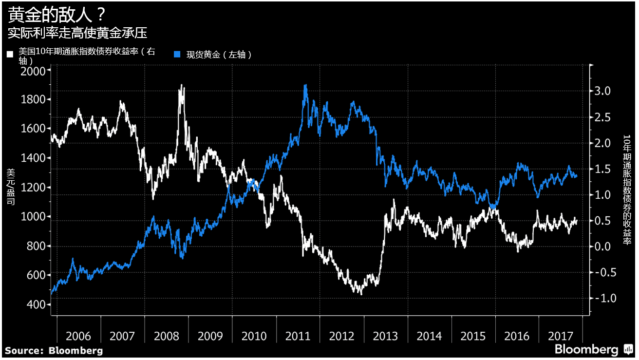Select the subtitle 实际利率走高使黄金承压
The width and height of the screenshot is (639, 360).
77,33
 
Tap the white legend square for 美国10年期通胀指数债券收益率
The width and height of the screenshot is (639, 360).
10,54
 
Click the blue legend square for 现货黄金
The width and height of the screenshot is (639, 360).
178,54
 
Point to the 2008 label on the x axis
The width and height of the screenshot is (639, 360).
167,336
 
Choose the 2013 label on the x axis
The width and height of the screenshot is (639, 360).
385,336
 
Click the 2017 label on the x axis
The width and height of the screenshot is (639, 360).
561,336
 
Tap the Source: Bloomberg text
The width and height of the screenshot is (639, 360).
54,350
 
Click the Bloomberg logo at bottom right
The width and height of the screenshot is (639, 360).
593,349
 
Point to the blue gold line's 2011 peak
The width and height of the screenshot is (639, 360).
305,86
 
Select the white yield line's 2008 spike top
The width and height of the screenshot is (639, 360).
182,86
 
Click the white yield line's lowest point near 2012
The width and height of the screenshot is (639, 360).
361,294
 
